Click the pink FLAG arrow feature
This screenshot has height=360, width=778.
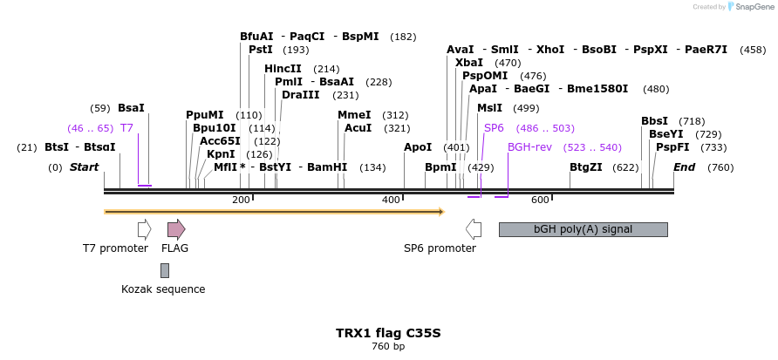pyautogui.click(x=176, y=229)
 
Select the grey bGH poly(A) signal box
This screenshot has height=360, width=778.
pyautogui.click(x=583, y=229)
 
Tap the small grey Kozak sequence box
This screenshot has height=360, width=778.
pyautogui.click(x=165, y=270)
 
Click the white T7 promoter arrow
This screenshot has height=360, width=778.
pyautogui.click(x=144, y=229)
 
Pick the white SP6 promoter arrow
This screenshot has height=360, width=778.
pyautogui.click(x=474, y=229)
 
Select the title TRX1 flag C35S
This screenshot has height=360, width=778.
pyautogui.click(x=388, y=333)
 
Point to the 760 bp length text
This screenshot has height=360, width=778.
pyautogui.click(x=388, y=347)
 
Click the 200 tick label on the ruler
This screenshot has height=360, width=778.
pyautogui.click(x=241, y=200)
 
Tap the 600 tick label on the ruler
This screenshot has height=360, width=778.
pyautogui.click(x=539, y=200)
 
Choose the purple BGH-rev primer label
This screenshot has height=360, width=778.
pyautogui.click(x=530, y=147)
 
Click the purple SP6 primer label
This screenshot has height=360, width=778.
pyautogui.click(x=495, y=127)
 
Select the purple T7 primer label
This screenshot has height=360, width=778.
pyautogui.click(x=126, y=127)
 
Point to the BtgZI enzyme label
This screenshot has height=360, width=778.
pyautogui.click(x=586, y=166)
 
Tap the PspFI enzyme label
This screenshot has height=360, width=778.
pyautogui.click(x=672, y=147)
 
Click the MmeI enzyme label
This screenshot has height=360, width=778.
pyautogui.click(x=354, y=114)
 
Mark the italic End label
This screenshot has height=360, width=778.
pyautogui.click(x=684, y=166)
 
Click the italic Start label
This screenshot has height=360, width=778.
pyautogui.click(x=85, y=166)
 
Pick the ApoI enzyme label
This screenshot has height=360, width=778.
pyautogui.click(x=418, y=147)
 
